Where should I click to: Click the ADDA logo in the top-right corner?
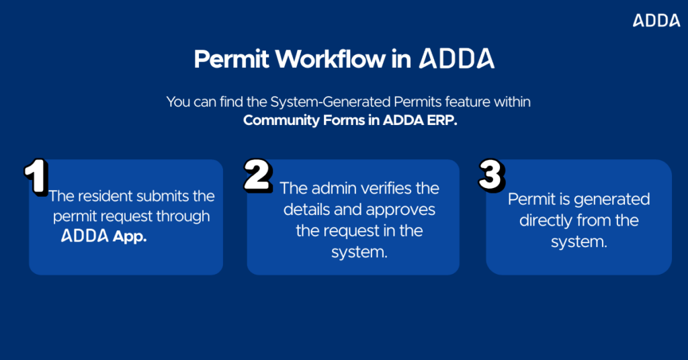pyautogui.click(x=656, y=21)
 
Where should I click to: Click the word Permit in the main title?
pyautogui.click(x=230, y=59)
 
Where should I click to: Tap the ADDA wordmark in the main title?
pyautogui.click(x=457, y=58)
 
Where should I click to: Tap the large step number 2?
pyautogui.click(x=258, y=176)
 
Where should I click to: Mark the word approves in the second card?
pyautogui.click(x=401, y=210)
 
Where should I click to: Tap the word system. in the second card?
pyautogui.click(x=359, y=252)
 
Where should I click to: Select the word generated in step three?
pyautogui.click(x=610, y=199)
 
